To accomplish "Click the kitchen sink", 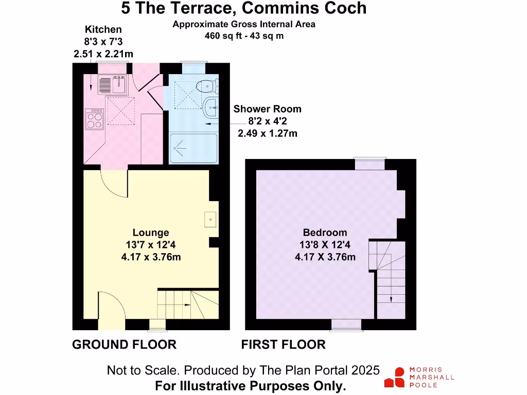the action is tap(113, 84).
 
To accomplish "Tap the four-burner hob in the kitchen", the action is tap(95, 119).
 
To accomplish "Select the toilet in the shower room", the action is tap(207, 86).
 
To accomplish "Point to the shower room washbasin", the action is tap(210, 107).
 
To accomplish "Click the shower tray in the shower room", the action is tap(194, 148).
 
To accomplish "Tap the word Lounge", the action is tap(151, 232).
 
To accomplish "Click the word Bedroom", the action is tap(325, 232).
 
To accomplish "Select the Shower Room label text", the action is tap(268, 109).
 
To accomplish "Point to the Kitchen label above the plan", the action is tap(103, 29).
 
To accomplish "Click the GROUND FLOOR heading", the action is tap(125, 345).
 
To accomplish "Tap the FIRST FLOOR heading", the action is tap(284, 345).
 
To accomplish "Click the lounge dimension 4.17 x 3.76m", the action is tap(151, 257).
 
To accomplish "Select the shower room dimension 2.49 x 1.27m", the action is tap(268, 133).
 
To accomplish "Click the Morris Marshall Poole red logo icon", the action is tap(395, 377).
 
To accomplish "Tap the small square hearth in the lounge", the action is tap(210, 220).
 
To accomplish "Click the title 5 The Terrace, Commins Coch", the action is tap(244, 8).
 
